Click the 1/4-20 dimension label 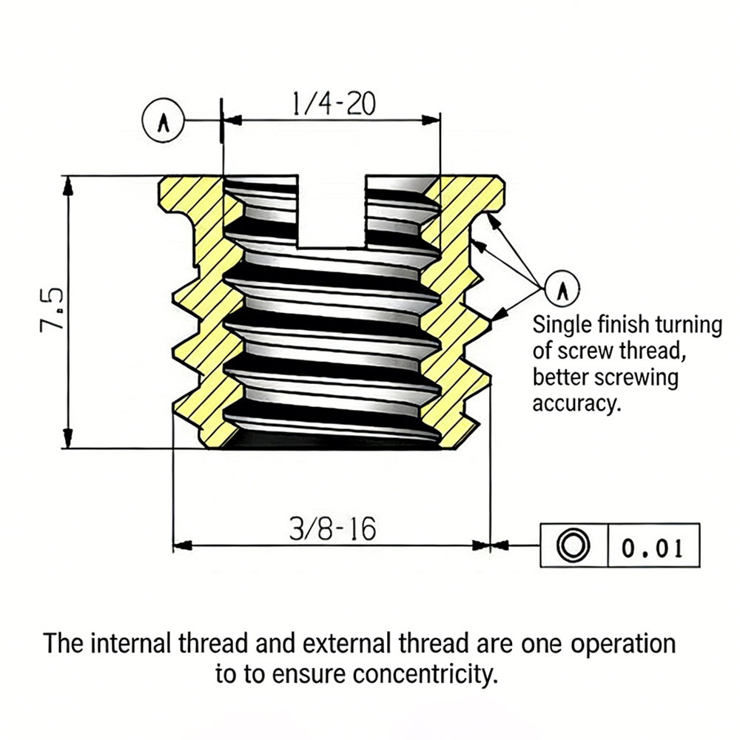pyautogui.click(x=334, y=104)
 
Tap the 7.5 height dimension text pyautogui.click(x=52, y=311)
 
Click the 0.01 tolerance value pyautogui.click(x=652, y=548)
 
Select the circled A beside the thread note pyautogui.click(x=562, y=289)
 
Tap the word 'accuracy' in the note pyautogui.click(x=575, y=404)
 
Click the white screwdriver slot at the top pyautogui.click(x=332, y=211)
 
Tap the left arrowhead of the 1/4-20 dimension pyautogui.click(x=232, y=121)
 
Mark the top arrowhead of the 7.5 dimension pyautogui.click(x=68, y=186)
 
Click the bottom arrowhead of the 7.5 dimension pyautogui.click(x=68, y=438)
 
